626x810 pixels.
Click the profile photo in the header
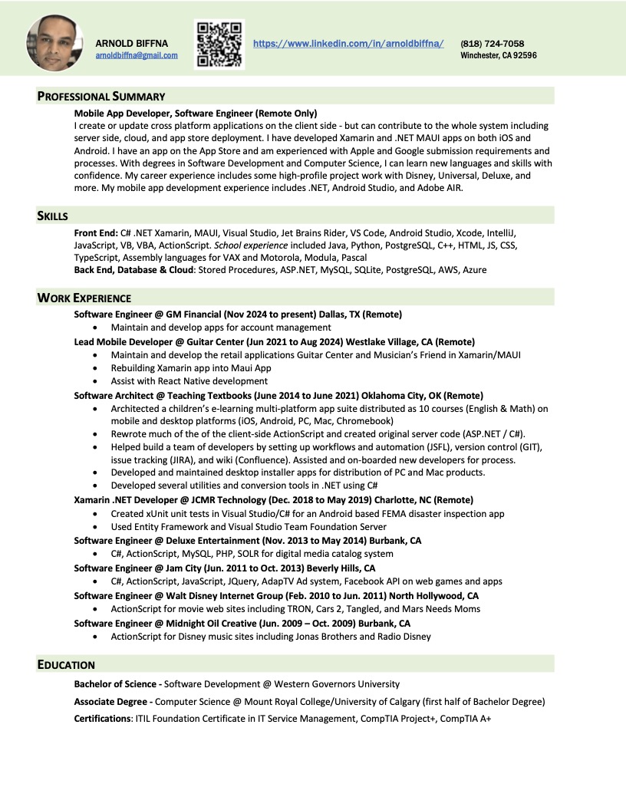[x=54, y=44]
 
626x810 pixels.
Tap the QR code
[x=219, y=44]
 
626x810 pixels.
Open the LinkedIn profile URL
[x=348, y=44]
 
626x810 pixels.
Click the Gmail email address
[x=137, y=55]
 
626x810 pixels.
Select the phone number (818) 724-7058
[x=493, y=44]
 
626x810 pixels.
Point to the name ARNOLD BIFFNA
[x=132, y=44]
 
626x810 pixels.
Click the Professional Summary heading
[x=101, y=97]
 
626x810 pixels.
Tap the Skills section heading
[x=53, y=216]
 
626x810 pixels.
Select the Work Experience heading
[x=84, y=298]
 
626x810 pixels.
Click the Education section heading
[x=66, y=665]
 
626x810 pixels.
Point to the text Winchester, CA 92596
[x=499, y=55]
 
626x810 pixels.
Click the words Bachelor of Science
[x=115, y=683]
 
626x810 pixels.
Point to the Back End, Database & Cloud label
[x=134, y=270]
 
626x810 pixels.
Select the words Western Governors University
[x=337, y=683]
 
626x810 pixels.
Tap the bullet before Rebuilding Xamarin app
[x=94, y=368]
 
